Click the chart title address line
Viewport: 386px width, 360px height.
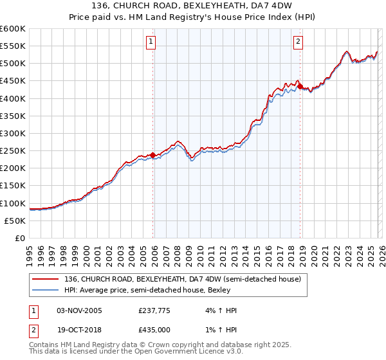coord(193,6)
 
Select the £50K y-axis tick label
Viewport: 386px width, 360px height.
coord(15,221)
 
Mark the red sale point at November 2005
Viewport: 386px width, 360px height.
coord(152,155)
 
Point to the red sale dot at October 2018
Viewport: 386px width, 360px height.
coord(300,85)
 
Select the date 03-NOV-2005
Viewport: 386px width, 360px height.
coord(80,310)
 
